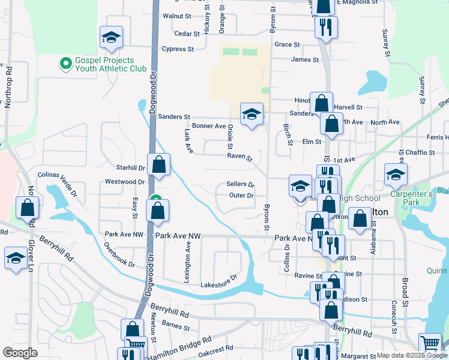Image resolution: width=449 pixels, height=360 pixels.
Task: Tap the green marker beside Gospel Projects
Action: [65, 62]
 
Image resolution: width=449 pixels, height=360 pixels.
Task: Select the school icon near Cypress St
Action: [111, 38]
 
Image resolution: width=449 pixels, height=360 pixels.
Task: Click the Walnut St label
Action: [176, 16]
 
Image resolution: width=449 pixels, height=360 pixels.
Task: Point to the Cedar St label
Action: [182, 33]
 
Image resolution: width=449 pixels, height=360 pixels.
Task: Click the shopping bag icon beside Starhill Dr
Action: [159, 165]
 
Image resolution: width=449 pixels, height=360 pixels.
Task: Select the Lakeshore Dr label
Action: [219, 284]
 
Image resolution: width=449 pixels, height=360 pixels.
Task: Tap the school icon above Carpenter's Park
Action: [396, 175]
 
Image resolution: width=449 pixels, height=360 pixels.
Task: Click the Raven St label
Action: [240, 157]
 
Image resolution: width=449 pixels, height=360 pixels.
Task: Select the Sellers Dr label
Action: [241, 184]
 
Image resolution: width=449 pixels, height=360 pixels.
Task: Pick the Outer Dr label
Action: [241, 196]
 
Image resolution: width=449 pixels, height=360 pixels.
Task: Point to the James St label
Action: [304, 59]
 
